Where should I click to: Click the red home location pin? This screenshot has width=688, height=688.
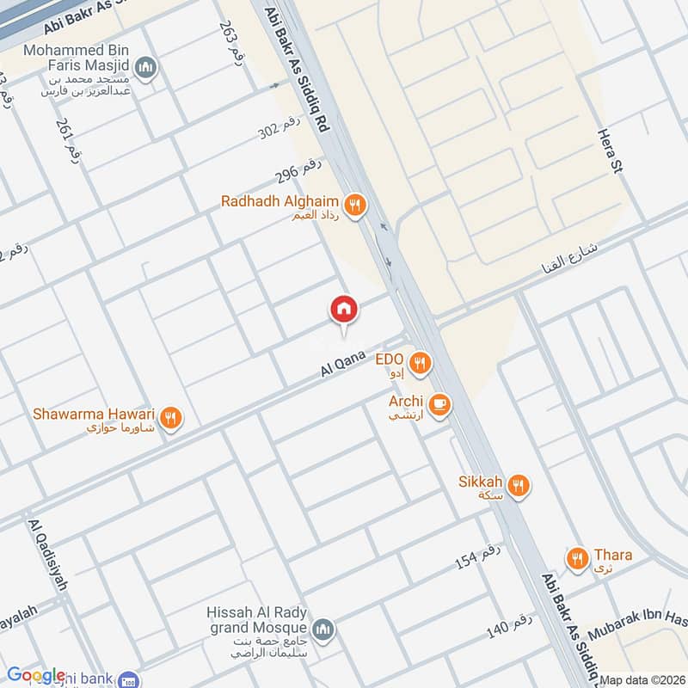click(344, 309)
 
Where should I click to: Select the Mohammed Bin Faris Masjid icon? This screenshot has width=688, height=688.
click(148, 68)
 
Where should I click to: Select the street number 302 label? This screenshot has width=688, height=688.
click(280, 130)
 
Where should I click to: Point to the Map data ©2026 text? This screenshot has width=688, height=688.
click(641, 680)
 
